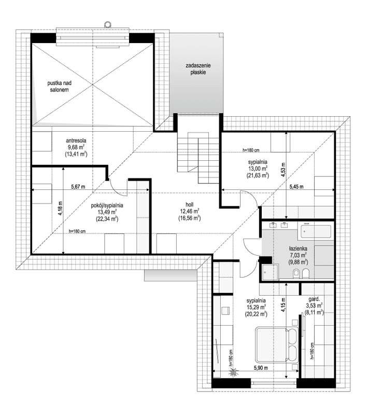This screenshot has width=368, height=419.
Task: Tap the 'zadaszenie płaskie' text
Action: coord(198,69)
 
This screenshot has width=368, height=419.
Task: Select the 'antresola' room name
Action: coord(76,140)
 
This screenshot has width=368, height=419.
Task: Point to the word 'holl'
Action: coord(190,204)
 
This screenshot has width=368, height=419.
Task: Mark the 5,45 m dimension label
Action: coord(295,186)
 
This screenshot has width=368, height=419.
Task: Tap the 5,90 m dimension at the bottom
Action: coord(260,368)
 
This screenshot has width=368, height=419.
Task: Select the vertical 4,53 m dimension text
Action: coord(284,169)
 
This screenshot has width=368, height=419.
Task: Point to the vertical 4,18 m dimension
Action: coord(61,208)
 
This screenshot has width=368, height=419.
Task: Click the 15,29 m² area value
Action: coord(257,307)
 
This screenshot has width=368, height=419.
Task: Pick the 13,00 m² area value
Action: coord(258,169)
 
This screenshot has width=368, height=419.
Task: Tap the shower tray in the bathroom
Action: coord(269,271)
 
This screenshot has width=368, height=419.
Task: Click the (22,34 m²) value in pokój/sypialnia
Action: coord(107,219)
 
